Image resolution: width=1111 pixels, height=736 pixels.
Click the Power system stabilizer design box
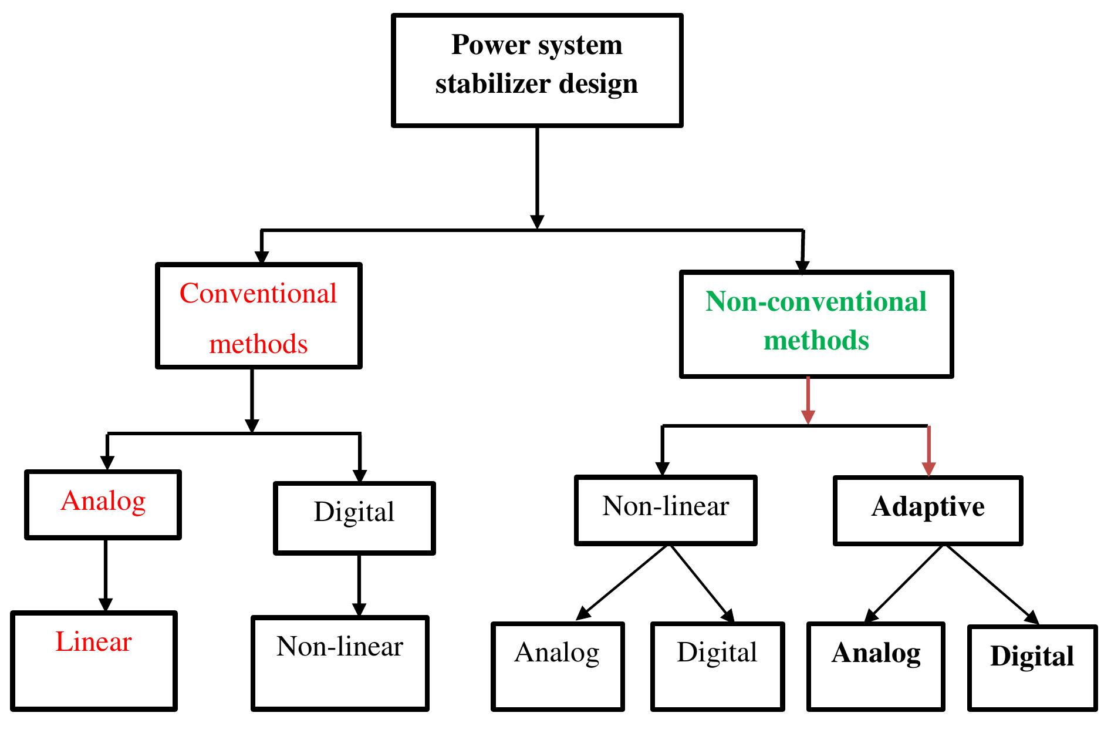[536, 70]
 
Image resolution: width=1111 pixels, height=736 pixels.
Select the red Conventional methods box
[258, 316]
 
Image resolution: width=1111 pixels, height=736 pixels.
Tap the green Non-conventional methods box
[816, 324]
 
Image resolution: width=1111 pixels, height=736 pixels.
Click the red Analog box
[103, 505]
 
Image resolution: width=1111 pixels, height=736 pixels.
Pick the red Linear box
[94, 661]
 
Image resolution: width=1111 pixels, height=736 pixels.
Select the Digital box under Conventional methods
[354, 518]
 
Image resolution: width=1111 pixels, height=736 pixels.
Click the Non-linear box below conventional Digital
[340, 663]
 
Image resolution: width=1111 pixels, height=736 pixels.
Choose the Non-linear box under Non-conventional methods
[666, 510]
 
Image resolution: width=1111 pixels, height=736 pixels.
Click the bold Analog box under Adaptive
[876, 667]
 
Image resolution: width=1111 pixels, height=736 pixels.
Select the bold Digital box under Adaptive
[1032, 668]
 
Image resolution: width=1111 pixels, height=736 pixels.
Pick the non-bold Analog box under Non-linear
[557, 667]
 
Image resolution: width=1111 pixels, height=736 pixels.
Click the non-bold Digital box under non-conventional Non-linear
[717, 667]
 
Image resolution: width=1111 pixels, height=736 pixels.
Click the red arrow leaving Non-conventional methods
[808, 399]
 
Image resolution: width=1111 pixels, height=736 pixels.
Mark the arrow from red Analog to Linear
[106, 574]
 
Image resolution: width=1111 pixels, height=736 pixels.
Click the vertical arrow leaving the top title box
[537, 176]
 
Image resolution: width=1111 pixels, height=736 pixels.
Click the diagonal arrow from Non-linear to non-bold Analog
[623, 582]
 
